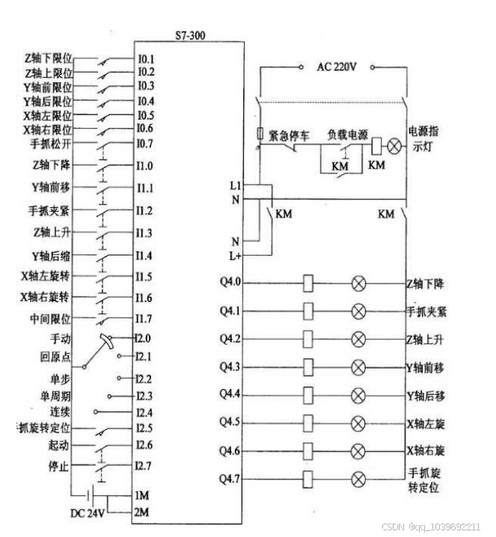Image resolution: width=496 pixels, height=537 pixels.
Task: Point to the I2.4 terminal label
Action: [144, 412]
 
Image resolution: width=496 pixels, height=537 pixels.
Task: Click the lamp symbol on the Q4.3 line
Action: [358, 366]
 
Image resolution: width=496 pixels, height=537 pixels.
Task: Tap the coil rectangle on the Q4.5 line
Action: [307, 423]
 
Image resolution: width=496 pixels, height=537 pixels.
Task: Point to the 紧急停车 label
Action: [289, 135]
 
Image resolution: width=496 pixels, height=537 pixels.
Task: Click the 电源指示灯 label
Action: [426, 139]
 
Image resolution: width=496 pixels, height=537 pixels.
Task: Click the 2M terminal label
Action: [142, 512]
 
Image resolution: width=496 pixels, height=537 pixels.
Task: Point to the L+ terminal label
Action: [236, 256]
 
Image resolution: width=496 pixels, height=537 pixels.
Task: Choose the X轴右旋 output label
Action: [425, 451]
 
